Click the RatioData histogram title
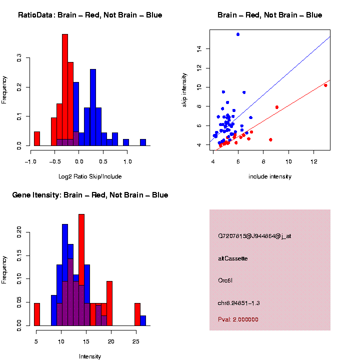90,15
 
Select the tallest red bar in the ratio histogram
64,90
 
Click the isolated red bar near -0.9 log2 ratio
36,138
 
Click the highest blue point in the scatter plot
238,34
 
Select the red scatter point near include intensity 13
325,85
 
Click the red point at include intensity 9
276,107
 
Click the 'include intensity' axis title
270,176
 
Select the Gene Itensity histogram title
90,195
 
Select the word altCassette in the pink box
233,258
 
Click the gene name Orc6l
225,280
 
